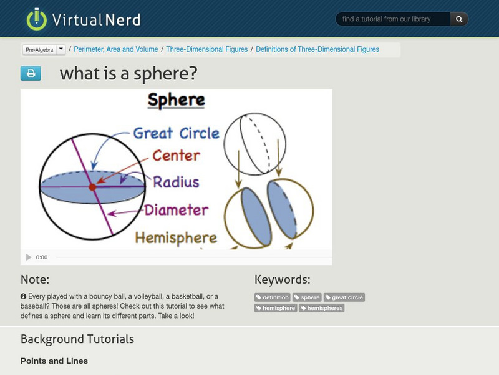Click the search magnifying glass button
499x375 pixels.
pyautogui.click(x=459, y=19)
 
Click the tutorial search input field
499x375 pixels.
pyautogui.click(x=393, y=19)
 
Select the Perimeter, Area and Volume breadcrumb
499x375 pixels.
pyautogui.click(x=117, y=49)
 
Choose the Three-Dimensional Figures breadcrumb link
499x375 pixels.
pyautogui.click(x=207, y=49)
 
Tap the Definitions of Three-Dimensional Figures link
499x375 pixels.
pyautogui.click(x=317, y=49)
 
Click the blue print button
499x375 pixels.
pyautogui.click(x=31, y=74)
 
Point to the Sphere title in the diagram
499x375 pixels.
pyautogui.click(x=176, y=100)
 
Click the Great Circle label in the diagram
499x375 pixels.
pyautogui.click(x=177, y=133)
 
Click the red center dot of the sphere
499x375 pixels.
pyautogui.click(x=92, y=187)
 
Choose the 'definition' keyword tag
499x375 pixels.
pyautogui.click(x=273, y=297)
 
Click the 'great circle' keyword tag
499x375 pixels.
pyautogui.click(x=344, y=297)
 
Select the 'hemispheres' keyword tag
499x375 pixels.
pyautogui.click(x=322, y=308)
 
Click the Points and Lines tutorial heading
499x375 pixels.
pyautogui.click(x=54, y=361)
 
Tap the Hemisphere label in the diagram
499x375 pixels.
pyautogui.click(x=176, y=238)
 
